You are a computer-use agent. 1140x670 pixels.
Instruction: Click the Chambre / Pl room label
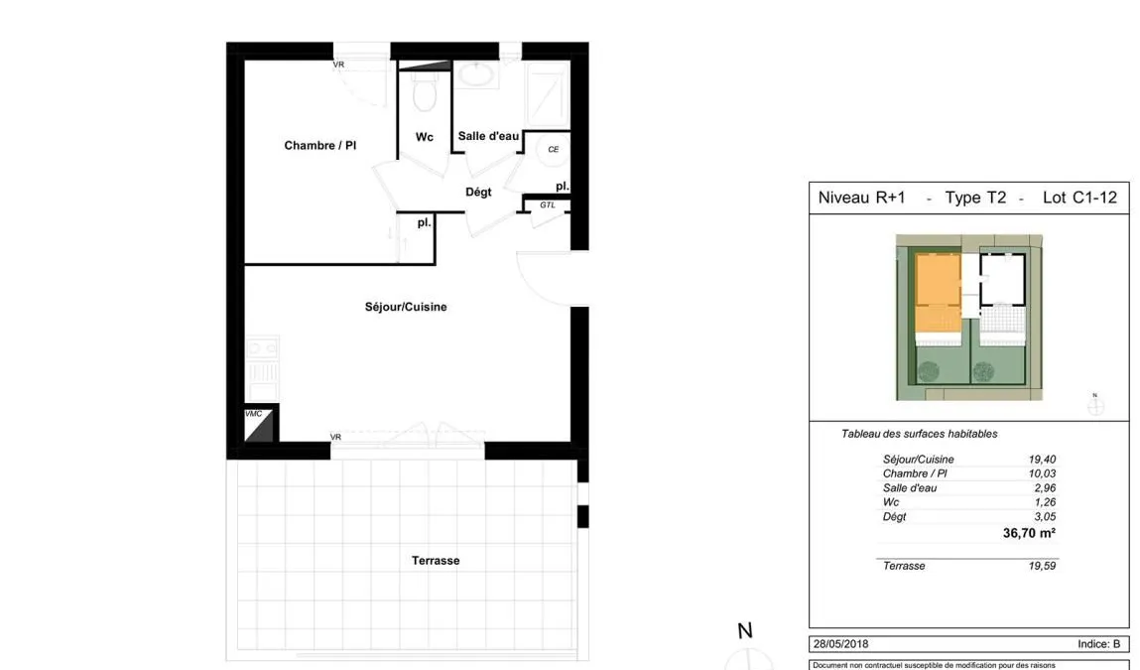point(319,146)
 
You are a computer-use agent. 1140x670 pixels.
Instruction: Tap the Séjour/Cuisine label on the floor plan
point(406,307)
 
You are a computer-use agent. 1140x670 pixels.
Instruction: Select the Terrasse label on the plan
point(436,560)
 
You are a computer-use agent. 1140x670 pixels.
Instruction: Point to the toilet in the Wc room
point(424,93)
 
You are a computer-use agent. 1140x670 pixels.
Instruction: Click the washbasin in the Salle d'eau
point(476,74)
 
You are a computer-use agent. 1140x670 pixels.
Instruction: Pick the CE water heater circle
point(554,149)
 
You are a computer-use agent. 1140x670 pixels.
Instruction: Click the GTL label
point(548,205)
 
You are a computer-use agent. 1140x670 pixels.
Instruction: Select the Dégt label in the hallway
point(478,192)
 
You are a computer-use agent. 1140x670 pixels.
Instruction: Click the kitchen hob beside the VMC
point(263,348)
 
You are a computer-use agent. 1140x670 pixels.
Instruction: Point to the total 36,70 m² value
point(1029,533)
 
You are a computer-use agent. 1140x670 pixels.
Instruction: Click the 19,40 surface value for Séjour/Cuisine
point(1042,459)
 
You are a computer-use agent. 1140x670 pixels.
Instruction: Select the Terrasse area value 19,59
point(1042,565)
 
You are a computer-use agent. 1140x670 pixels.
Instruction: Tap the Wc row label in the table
point(891,502)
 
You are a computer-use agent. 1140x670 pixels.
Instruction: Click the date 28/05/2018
point(840,644)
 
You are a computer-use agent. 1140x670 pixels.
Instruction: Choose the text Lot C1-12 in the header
point(1079,198)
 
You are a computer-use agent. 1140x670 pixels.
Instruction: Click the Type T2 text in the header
point(975,198)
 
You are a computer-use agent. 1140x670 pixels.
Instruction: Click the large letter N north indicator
point(745,630)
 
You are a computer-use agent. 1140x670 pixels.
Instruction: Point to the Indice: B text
point(1098,644)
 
